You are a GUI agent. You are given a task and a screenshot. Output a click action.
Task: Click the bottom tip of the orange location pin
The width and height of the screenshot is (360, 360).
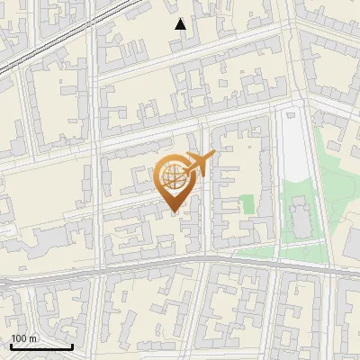tap(175, 212)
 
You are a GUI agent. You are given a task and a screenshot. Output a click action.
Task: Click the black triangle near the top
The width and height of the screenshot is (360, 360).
tap(180, 24)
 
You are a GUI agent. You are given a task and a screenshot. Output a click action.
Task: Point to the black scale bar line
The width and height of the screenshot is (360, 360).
tap(41, 346)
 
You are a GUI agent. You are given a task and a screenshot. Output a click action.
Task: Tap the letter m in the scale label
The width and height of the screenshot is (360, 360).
tap(33, 338)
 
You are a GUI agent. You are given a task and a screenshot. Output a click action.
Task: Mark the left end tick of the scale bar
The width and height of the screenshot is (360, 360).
tap(11, 345)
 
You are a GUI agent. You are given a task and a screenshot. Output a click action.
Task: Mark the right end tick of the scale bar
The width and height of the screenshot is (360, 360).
tap(72, 345)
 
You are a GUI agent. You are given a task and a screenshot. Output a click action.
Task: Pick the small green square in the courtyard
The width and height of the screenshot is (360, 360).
tap(247, 204)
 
